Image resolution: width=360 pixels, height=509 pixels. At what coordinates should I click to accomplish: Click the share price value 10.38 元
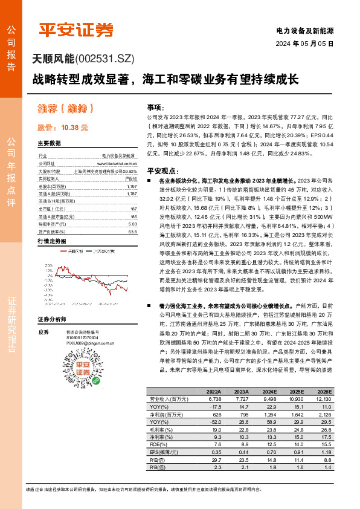[x=74, y=128]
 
